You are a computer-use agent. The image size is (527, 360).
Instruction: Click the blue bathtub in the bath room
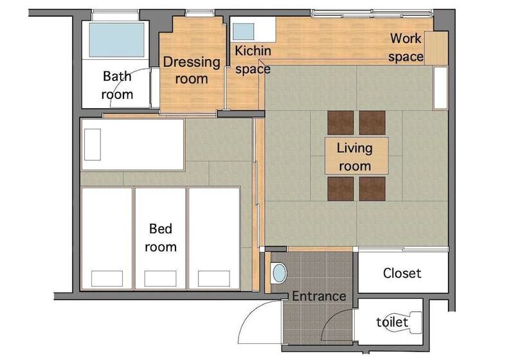pyautogui.click(x=116, y=40)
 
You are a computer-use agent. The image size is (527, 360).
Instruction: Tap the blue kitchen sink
pyautogui.click(x=244, y=32)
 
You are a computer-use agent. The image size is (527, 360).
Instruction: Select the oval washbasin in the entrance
pyautogui.click(x=279, y=273)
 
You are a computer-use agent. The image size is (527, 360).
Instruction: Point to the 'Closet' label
pyautogui.click(x=402, y=273)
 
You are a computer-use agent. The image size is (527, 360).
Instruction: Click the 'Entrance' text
pyautogui.click(x=319, y=296)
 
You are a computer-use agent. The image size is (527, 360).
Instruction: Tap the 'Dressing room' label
pyautogui.click(x=192, y=70)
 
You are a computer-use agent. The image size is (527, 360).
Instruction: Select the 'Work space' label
pyautogui.click(x=406, y=48)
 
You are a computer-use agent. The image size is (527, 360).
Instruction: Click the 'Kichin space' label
pyautogui.click(x=253, y=60)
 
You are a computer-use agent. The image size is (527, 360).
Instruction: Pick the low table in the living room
pyautogui.click(x=356, y=156)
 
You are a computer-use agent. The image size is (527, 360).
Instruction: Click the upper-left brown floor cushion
pyautogui.click(x=341, y=123)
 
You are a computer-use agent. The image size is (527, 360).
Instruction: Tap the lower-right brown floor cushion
pyautogui.click(x=372, y=189)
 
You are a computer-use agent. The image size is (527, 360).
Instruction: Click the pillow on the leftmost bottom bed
pyautogui.click(x=107, y=278)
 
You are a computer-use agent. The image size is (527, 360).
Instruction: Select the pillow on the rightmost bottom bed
pyautogui.click(x=214, y=278)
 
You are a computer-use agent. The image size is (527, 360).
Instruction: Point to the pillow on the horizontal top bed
pyautogui.click(x=93, y=145)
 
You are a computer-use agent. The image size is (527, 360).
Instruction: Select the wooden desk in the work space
pyautogui.click(x=436, y=48)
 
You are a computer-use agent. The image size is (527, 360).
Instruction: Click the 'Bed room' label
pyautogui.click(x=161, y=238)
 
